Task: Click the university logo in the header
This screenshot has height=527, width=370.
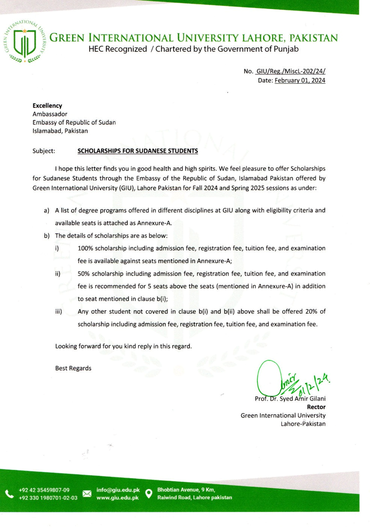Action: pyautogui.click(x=25, y=43)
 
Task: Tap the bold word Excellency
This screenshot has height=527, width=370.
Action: pyautogui.click(x=47, y=106)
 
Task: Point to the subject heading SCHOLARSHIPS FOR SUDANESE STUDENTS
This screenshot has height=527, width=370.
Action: pyautogui.click(x=137, y=152)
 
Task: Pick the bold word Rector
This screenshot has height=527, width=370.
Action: pyautogui.click(x=316, y=408)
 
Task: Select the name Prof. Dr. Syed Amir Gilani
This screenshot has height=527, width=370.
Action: pyautogui.click(x=290, y=399)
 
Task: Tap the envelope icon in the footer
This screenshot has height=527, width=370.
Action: pyautogui.click(x=87, y=494)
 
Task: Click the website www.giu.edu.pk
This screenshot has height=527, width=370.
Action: pyautogui.click(x=118, y=498)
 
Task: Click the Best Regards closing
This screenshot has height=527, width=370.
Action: pyautogui.click(x=73, y=368)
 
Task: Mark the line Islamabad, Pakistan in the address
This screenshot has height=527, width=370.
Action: pyautogui.click(x=60, y=130)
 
